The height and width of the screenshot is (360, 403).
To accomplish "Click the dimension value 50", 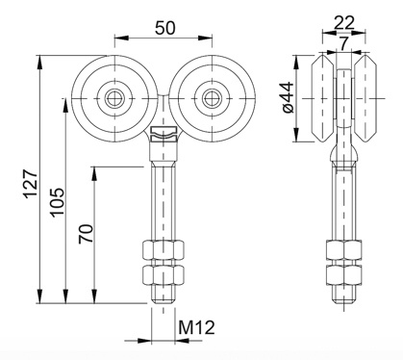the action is (x=165, y=28).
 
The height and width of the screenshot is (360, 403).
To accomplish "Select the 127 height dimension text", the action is (x=32, y=184).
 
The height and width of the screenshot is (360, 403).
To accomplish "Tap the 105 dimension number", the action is (x=58, y=202).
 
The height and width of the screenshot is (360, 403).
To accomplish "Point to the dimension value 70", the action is (x=86, y=234).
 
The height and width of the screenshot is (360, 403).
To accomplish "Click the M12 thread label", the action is (x=196, y=327).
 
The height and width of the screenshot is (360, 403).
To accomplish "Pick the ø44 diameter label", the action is (x=289, y=97).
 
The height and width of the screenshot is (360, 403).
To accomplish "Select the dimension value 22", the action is (x=344, y=23).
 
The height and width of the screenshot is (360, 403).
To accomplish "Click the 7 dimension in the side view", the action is (x=344, y=43).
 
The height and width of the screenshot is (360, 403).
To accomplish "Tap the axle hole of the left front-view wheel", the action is (x=114, y=98).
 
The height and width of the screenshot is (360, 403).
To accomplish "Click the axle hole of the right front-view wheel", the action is (x=212, y=98).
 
